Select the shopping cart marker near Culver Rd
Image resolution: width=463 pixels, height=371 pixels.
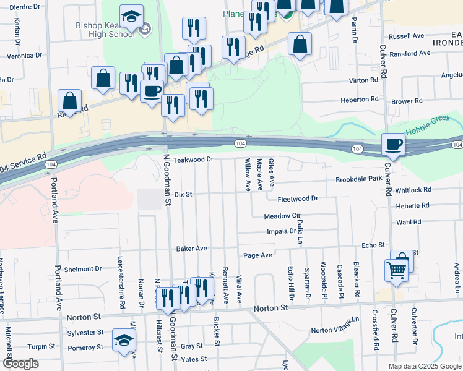[396, 270]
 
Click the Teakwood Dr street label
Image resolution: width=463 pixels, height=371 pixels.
[193, 159]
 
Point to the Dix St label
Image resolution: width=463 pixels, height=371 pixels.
[184, 194]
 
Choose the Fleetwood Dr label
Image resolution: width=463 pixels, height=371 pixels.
[297, 199]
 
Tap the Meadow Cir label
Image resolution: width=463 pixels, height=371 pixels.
[282, 216]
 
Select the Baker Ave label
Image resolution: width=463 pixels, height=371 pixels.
[191, 249]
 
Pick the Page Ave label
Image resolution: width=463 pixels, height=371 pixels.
[257, 255]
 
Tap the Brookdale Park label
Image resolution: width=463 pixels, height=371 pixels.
[359, 179]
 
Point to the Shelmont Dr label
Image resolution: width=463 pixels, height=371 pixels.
[82, 269]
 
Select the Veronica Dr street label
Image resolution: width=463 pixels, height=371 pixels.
[24, 55]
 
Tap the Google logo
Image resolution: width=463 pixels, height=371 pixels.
[20, 364]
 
